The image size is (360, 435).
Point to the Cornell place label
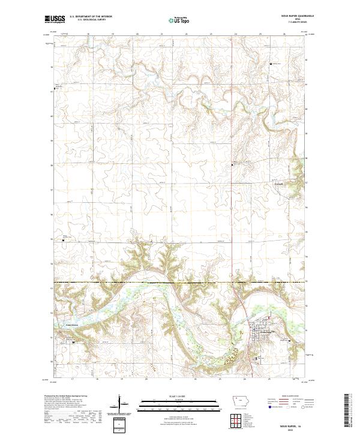(278, 184)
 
